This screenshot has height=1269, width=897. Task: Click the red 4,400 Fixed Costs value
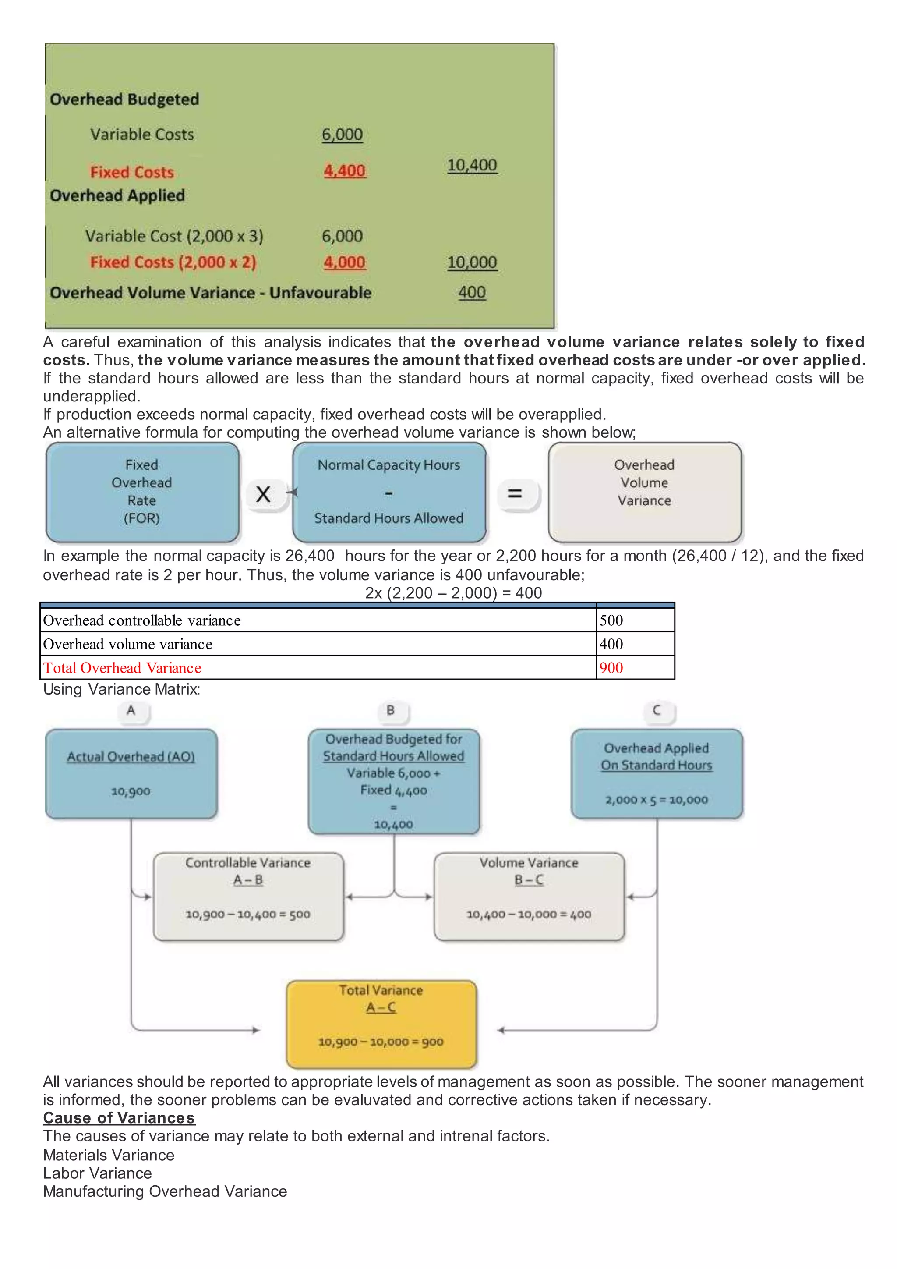tap(344, 171)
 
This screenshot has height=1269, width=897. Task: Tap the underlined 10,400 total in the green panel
tap(472, 165)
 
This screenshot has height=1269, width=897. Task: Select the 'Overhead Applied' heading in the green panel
tap(117, 196)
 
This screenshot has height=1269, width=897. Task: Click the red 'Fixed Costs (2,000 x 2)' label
tap(173, 262)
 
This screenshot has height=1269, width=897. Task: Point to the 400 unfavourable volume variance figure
tap(472, 292)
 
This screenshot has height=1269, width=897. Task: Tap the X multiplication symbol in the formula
tap(264, 493)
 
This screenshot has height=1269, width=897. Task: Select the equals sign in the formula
tap(515, 493)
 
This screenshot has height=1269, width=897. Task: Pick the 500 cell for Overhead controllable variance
tap(635, 620)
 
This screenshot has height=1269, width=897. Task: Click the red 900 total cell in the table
tap(635, 668)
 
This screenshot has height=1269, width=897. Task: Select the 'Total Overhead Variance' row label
tap(123, 668)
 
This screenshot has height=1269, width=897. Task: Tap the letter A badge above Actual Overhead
tap(131, 710)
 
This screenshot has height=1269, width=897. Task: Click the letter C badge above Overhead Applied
tap(656, 710)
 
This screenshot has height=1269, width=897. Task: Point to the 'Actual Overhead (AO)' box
tap(131, 773)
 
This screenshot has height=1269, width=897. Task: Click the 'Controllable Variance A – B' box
tap(248, 897)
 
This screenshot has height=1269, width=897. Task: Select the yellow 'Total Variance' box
tap(381, 1024)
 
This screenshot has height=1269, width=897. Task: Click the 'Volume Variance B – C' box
tap(529, 897)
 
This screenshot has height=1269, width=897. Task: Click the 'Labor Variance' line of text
tap(98, 1173)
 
